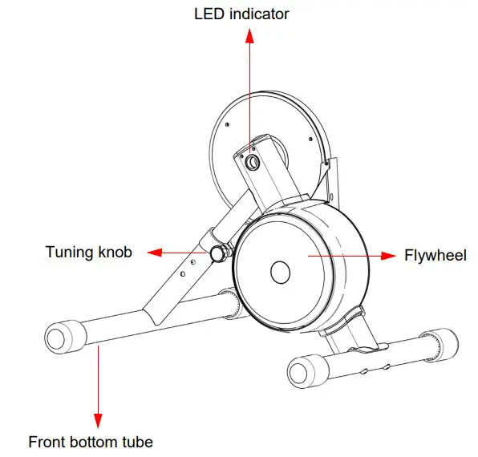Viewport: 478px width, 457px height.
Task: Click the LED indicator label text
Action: tap(241, 14)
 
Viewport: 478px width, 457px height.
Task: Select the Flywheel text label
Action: tap(435, 256)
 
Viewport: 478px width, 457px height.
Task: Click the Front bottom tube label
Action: tap(91, 441)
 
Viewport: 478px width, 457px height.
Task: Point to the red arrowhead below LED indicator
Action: tap(249, 34)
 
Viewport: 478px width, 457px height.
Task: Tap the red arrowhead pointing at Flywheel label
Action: tap(390, 256)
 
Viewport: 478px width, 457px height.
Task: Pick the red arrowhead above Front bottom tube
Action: tap(99, 420)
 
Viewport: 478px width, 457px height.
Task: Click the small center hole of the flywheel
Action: tap(279, 273)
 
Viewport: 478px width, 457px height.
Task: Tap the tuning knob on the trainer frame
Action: tap(217, 254)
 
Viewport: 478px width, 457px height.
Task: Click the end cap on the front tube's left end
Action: tap(61, 338)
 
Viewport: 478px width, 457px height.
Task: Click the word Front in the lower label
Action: tap(47, 441)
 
